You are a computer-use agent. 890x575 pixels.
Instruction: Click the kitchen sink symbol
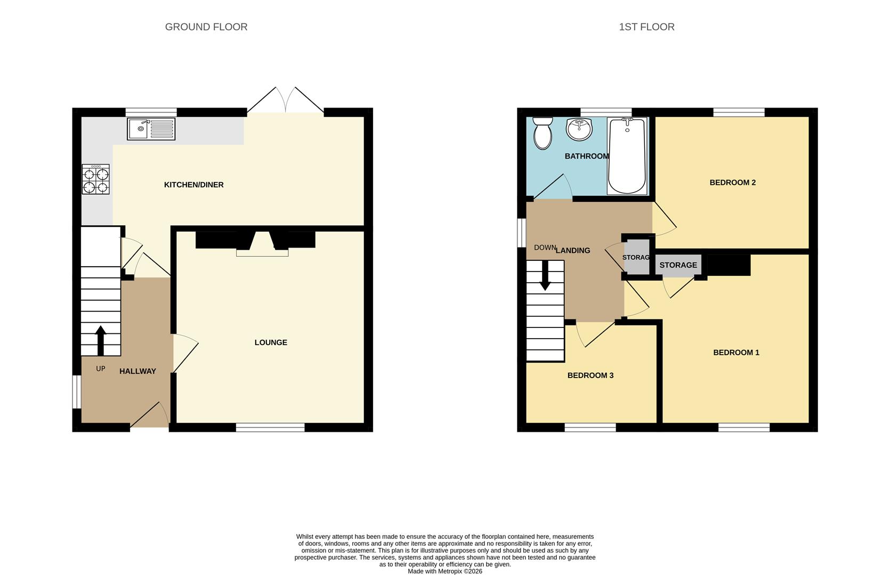click(151, 129)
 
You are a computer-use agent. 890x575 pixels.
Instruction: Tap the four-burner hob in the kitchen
click(96, 179)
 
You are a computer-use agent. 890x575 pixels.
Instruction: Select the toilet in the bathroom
click(543, 133)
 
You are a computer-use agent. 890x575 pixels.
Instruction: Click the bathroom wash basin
click(579, 129)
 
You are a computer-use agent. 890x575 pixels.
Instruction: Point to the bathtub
click(627, 156)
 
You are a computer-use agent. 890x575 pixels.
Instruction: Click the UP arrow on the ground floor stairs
click(100, 340)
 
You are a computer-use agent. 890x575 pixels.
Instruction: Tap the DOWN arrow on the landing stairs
click(545, 275)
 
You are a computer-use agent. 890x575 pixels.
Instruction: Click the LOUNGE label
click(271, 342)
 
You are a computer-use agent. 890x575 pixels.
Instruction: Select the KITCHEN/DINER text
click(193, 185)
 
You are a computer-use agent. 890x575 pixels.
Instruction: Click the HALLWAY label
click(137, 371)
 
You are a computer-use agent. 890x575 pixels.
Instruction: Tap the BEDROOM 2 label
click(732, 183)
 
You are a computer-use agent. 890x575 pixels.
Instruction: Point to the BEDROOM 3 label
click(590, 375)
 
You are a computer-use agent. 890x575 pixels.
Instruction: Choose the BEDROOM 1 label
click(736, 352)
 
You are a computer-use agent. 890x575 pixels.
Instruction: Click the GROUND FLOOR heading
click(206, 27)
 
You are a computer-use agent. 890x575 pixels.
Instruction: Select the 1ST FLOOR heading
click(646, 27)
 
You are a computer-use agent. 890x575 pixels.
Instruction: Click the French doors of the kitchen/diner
click(286, 101)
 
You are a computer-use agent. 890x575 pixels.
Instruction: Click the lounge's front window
click(270, 427)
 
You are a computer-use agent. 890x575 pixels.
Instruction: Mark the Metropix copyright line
click(445, 571)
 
